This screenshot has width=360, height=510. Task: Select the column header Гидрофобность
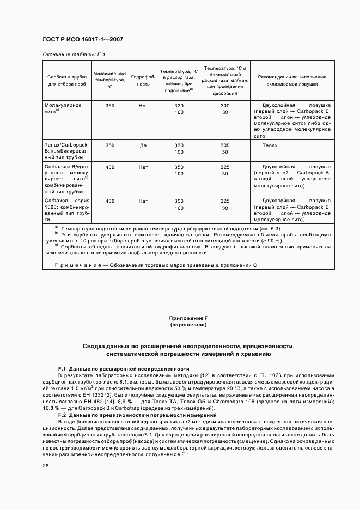point(143,81)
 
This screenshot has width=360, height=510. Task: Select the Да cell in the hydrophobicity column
point(143,146)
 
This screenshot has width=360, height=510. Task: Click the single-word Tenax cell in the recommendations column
point(270,146)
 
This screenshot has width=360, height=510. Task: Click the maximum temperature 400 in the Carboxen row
point(110,201)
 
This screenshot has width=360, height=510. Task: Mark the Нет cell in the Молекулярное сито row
point(143,105)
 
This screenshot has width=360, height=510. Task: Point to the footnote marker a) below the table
point(57,227)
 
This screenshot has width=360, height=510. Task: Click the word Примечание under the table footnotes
point(76,265)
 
